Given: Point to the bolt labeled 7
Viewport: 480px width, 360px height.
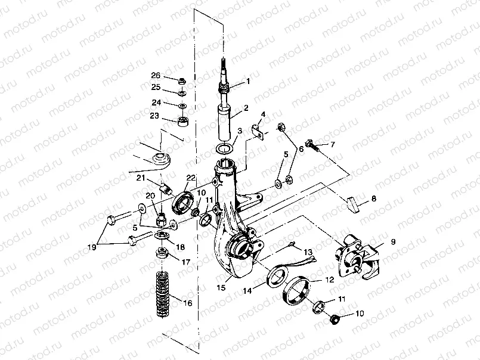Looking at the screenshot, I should click(311, 144).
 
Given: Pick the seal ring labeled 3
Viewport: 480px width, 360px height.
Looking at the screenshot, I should click(224, 148).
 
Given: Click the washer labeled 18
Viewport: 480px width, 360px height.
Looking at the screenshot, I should click(162, 237).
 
